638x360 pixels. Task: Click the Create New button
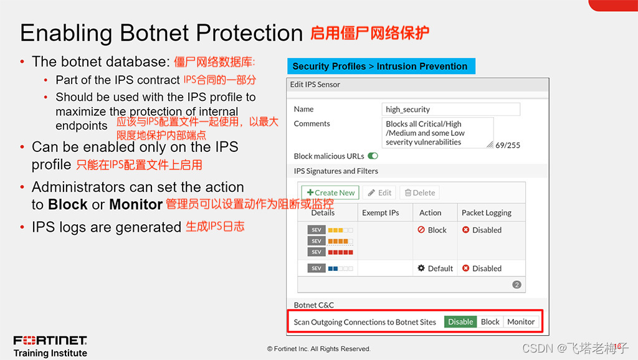tap(330, 192)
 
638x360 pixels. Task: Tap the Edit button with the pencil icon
tap(379, 192)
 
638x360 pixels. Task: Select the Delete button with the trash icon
tap(419, 192)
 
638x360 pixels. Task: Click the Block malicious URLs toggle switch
tap(373, 156)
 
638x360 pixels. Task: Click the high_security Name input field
tap(451, 109)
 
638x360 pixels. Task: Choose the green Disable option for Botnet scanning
tap(460, 322)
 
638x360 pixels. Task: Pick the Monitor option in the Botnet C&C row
tap(521, 322)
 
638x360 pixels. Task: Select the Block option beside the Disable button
tap(490, 322)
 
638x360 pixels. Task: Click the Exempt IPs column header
tap(381, 213)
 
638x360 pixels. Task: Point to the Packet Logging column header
tap(486, 213)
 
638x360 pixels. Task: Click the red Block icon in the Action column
tap(421, 230)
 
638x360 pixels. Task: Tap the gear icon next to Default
tap(421, 268)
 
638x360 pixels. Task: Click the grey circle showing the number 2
tap(517, 285)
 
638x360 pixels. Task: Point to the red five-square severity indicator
tap(341, 252)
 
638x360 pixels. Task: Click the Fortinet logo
tap(50, 340)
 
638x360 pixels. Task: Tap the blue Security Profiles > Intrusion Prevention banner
tap(381, 66)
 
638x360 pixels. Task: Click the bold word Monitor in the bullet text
tap(136, 204)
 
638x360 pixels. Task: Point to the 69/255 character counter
tap(507, 145)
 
